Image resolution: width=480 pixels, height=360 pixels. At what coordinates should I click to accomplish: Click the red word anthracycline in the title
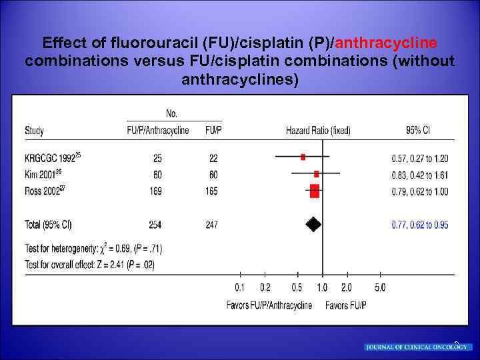point(386,43)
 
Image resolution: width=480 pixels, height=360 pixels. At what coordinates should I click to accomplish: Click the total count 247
point(211,225)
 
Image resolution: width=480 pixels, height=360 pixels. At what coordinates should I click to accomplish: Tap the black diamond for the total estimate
point(313,224)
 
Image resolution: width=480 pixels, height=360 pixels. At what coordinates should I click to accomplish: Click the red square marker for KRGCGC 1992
point(303,157)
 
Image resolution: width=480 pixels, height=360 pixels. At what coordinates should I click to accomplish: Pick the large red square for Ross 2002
point(315,191)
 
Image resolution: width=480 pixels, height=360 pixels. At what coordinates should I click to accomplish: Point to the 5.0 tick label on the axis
point(379,288)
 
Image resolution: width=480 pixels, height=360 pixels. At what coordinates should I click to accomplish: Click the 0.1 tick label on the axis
point(240,288)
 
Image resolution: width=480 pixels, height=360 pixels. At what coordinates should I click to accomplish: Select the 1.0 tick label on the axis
point(322,288)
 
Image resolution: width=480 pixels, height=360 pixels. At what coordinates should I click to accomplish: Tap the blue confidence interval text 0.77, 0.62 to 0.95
point(420,225)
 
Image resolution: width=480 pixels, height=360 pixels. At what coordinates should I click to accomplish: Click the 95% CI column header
point(417,130)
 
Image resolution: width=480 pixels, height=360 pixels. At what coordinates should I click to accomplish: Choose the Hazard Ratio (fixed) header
point(318,130)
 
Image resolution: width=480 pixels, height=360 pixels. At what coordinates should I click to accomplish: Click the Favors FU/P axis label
point(346,305)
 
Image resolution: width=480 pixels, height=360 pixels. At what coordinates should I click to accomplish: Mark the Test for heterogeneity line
point(93,249)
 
